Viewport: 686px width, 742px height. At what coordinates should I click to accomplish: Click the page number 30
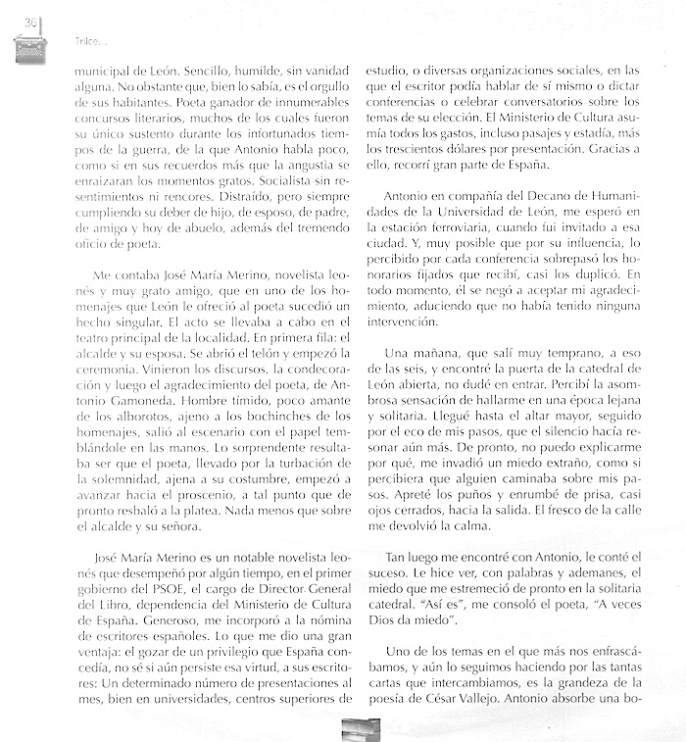pyautogui.click(x=30, y=24)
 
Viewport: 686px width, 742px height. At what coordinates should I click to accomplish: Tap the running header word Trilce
pyautogui.click(x=89, y=42)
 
